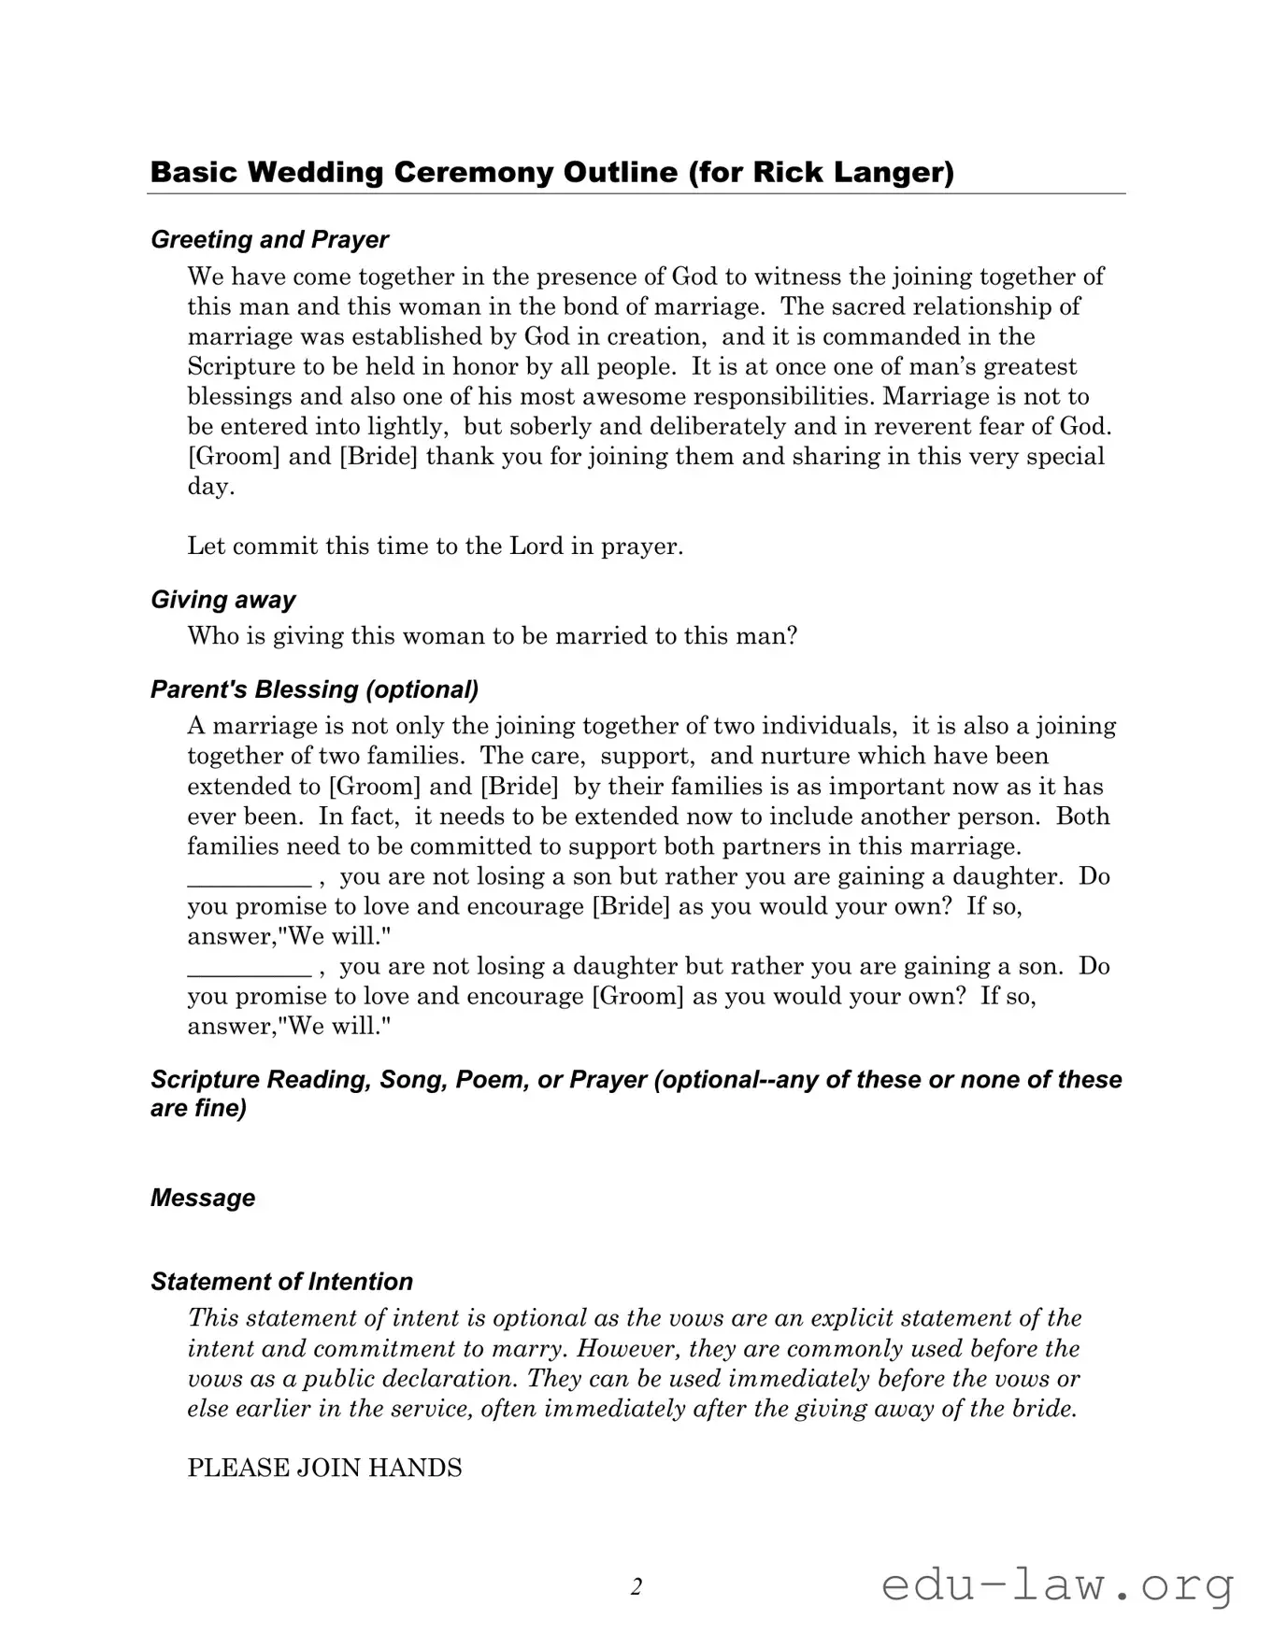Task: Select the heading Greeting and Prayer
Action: [x=269, y=240]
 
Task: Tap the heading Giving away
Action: [x=223, y=600]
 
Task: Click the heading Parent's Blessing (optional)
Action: [x=314, y=689]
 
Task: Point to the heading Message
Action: [x=203, y=1198]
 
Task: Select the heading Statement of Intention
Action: [x=281, y=1282]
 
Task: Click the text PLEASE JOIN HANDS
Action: [x=324, y=1468]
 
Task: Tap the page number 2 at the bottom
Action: [x=636, y=1586]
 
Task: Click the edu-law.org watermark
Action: [x=1057, y=1586]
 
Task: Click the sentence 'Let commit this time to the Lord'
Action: [x=435, y=547]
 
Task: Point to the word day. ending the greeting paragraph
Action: [x=210, y=487]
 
